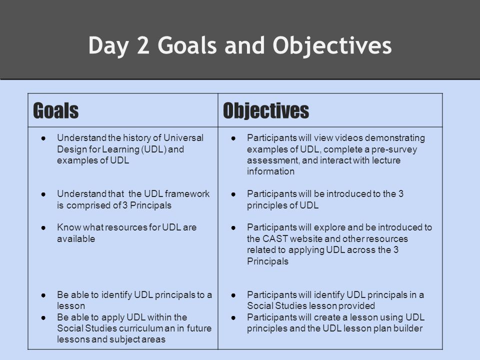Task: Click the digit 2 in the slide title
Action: tap(143, 45)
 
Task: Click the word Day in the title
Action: tap(108, 46)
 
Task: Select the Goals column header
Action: tap(55, 110)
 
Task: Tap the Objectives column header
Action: tap(266, 110)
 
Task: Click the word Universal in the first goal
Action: tap(183, 138)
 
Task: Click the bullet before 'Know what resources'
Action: tap(43, 228)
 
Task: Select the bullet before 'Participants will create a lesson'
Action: tap(233, 318)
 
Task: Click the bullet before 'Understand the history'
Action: tap(43, 138)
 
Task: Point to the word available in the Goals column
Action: tap(76, 239)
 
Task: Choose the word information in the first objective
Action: tap(270, 171)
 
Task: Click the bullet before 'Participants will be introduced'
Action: tap(233, 194)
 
